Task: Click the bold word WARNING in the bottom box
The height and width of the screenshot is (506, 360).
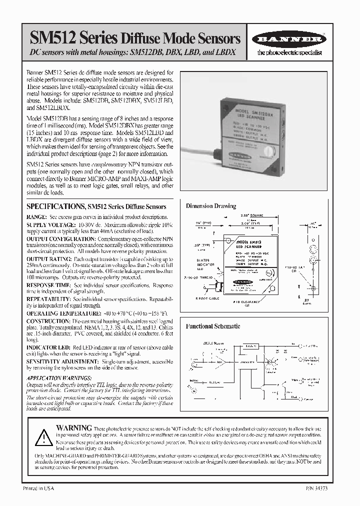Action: point(74,428)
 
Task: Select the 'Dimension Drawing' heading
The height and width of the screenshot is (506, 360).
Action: point(211,206)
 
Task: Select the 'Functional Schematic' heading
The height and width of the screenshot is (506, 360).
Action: point(213,326)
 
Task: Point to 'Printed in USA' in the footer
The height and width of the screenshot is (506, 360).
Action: point(39,487)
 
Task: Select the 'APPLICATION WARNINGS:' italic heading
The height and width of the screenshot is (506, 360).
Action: point(59,378)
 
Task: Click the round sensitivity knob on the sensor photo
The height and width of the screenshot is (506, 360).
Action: point(272,150)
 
